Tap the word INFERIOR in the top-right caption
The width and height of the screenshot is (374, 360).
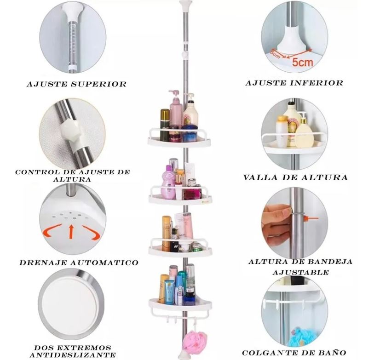pos(317,83)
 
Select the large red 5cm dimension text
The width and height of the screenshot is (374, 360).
pos(302,62)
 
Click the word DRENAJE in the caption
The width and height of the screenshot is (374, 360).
pos(43,263)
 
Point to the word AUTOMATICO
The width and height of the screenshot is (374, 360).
pos(104,263)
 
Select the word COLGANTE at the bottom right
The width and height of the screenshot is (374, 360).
pos(267,353)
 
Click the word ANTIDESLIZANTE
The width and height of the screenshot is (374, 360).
pos(73,354)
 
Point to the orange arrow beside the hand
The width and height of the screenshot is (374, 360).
pos(311,218)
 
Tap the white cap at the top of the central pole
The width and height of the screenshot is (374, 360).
pos(186,5)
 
